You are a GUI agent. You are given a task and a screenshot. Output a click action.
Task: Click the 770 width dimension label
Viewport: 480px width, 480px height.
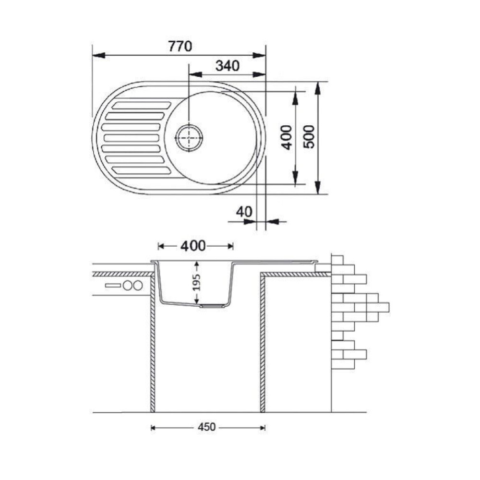point(180,46)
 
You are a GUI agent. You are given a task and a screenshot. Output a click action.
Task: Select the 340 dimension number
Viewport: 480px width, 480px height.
point(228,66)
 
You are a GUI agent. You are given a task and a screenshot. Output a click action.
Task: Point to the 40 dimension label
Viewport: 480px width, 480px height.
point(244,212)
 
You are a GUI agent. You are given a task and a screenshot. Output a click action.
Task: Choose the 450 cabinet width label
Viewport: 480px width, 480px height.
point(206,427)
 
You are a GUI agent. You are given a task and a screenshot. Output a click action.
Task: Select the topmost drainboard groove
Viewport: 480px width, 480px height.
point(142,106)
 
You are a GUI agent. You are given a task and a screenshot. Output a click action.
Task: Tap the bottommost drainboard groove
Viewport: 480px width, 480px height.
point(142,170)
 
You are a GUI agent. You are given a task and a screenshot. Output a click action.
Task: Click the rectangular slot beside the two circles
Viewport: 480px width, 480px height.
point(113,286)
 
